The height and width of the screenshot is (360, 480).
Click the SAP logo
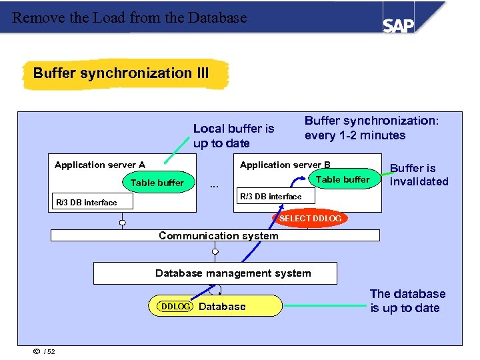click(x=398, y=25)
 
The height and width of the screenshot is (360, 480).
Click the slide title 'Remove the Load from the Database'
click(x=129, y=18)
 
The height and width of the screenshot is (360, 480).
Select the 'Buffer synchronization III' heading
click(x=121, y=73)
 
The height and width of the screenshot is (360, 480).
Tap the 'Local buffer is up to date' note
click(x=233, y=136)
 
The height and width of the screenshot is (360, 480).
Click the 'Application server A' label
click(x=100, y=165)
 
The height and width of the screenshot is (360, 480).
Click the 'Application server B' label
click(x=285, y=165)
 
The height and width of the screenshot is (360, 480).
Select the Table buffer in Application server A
click(x=157, y=183)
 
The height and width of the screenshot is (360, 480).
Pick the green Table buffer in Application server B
click(x=342, y=179)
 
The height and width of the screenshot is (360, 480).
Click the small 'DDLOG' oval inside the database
click(x=175, y=306)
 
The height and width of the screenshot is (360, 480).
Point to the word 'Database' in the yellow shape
click(x=222, y=307)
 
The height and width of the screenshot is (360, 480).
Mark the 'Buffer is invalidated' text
click(x=419, y=175)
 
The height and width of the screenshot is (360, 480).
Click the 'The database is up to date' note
click(x=407, y=301)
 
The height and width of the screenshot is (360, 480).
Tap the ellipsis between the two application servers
click(x=214, y=185)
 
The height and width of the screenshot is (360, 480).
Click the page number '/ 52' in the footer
click(x=49, y=352)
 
